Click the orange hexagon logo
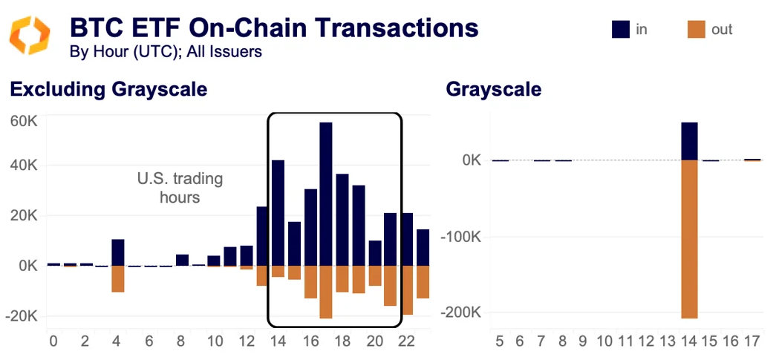pyautogui.click(x=30, y=35)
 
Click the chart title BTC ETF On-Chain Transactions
pyautogui.click(x=273, y=27)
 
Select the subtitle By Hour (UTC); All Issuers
pyautogui.click(x=165, y=52)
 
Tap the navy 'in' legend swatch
pyautogui.click(x=620, y=29)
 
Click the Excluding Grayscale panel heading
pyautogui.click(x=108, y=90)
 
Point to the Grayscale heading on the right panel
pyautogui.click(x=493, y=90)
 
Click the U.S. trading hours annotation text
pyautogui.click(x=180, y=189)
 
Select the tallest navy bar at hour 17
pyautogui.click(x=326, y=194)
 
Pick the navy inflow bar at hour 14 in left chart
pyautogui.click(x=278, y=212)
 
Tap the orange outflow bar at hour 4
pyautogui.click(x=118, y=278)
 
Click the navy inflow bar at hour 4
pyautogui.click(x=118, y=252)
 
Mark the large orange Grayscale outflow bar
pyautogui.click(x=689, y=239)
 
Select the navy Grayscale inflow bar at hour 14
pyautogui.click(x=689, y=141)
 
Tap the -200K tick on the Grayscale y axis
pyautogui.click(x=461, y=312)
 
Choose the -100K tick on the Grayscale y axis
pyautogui.click(x=461, y=237)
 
